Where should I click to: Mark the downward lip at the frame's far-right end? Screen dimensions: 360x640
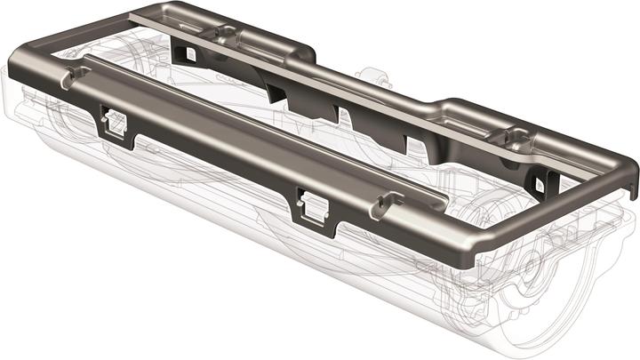click(x=629, y=183)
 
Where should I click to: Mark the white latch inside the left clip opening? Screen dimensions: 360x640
click(x=116, y=125)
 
